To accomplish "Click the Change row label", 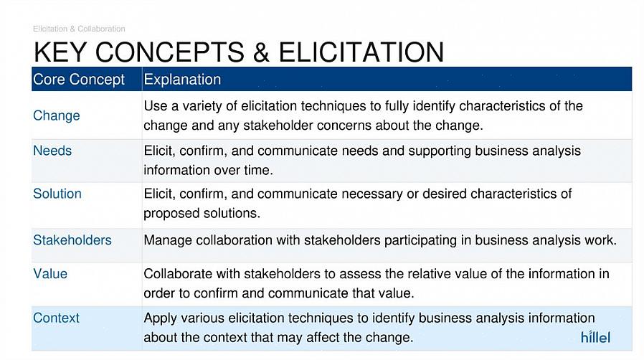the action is (x=56, y=115).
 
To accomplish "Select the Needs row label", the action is (x=52, y=151).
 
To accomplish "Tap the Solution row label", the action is (x=57, y=194).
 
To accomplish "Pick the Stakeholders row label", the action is (x=72, y=240).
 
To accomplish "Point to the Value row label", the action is (x=50, y=274).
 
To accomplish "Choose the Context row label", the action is (x=56, y=318).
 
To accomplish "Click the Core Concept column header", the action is (x=79, y=79).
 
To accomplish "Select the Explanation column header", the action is (x=182, y=80).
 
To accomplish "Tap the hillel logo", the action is (x=595, y=337).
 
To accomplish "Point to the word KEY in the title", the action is (x=60, y=52).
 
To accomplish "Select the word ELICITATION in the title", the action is (x=361, y=52).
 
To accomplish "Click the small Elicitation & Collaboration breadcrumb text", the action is (x=80, y=29).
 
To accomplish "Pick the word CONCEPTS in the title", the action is (x=170, y=52).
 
